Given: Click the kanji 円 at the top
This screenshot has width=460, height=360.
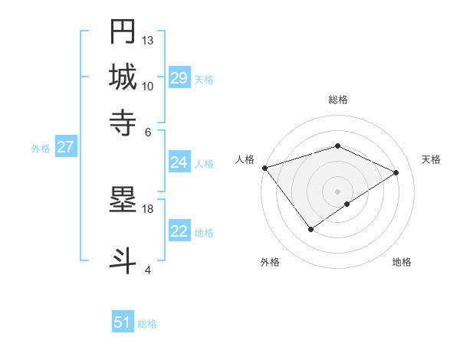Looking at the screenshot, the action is coord(123,32).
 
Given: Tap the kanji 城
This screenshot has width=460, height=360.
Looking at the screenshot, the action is coord(123,77).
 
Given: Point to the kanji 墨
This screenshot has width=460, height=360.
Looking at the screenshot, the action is coord(123,201).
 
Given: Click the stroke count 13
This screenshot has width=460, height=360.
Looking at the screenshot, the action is coord(148,40).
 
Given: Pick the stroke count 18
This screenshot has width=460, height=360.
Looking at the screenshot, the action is coord(148,209).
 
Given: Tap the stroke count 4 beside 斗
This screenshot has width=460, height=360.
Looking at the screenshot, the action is coord(148,270).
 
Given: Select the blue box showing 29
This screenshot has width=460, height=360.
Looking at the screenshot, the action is coord(179,78).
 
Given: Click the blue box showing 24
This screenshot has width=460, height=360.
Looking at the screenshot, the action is coord(179,162).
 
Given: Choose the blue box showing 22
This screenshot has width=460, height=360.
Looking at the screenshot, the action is coord(179,231).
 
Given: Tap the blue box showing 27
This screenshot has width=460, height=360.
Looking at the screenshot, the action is coord(65,147).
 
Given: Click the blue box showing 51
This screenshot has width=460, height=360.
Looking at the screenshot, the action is coord(123,322).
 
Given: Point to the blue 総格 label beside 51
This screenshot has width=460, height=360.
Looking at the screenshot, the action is coord(147,324).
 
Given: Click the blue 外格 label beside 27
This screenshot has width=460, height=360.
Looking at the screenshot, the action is coord(41,149).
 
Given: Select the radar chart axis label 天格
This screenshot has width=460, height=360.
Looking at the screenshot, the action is coord(431,159).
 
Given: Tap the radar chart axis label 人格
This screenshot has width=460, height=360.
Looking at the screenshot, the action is coord(245,159).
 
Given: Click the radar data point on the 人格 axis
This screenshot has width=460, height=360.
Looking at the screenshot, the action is coord(264,168).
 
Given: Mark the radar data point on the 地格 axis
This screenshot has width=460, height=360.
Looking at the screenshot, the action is coord(347,204).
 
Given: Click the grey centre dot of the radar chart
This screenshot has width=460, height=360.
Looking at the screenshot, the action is coord(337,191).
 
